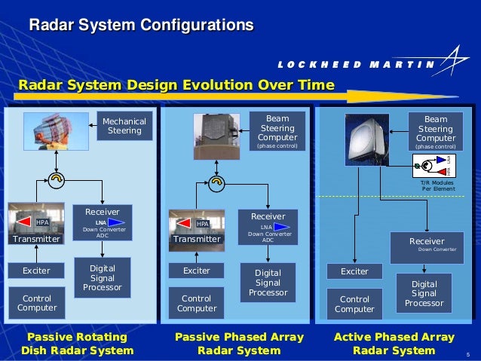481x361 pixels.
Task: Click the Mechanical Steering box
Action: click(x=124, y=126)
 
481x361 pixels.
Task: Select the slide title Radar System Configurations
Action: click(x=141, y=26)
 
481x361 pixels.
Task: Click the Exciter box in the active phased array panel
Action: click(x=354, y=271)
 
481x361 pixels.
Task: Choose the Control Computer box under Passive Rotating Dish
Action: click(x=37, y=302)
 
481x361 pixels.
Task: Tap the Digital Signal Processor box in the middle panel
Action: click(x=268, y=282)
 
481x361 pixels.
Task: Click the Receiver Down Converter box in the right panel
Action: click(x=427, y=246)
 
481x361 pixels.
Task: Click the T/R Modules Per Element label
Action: click(x=437, y=185)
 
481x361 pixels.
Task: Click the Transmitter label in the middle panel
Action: click(x=198, y=239)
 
